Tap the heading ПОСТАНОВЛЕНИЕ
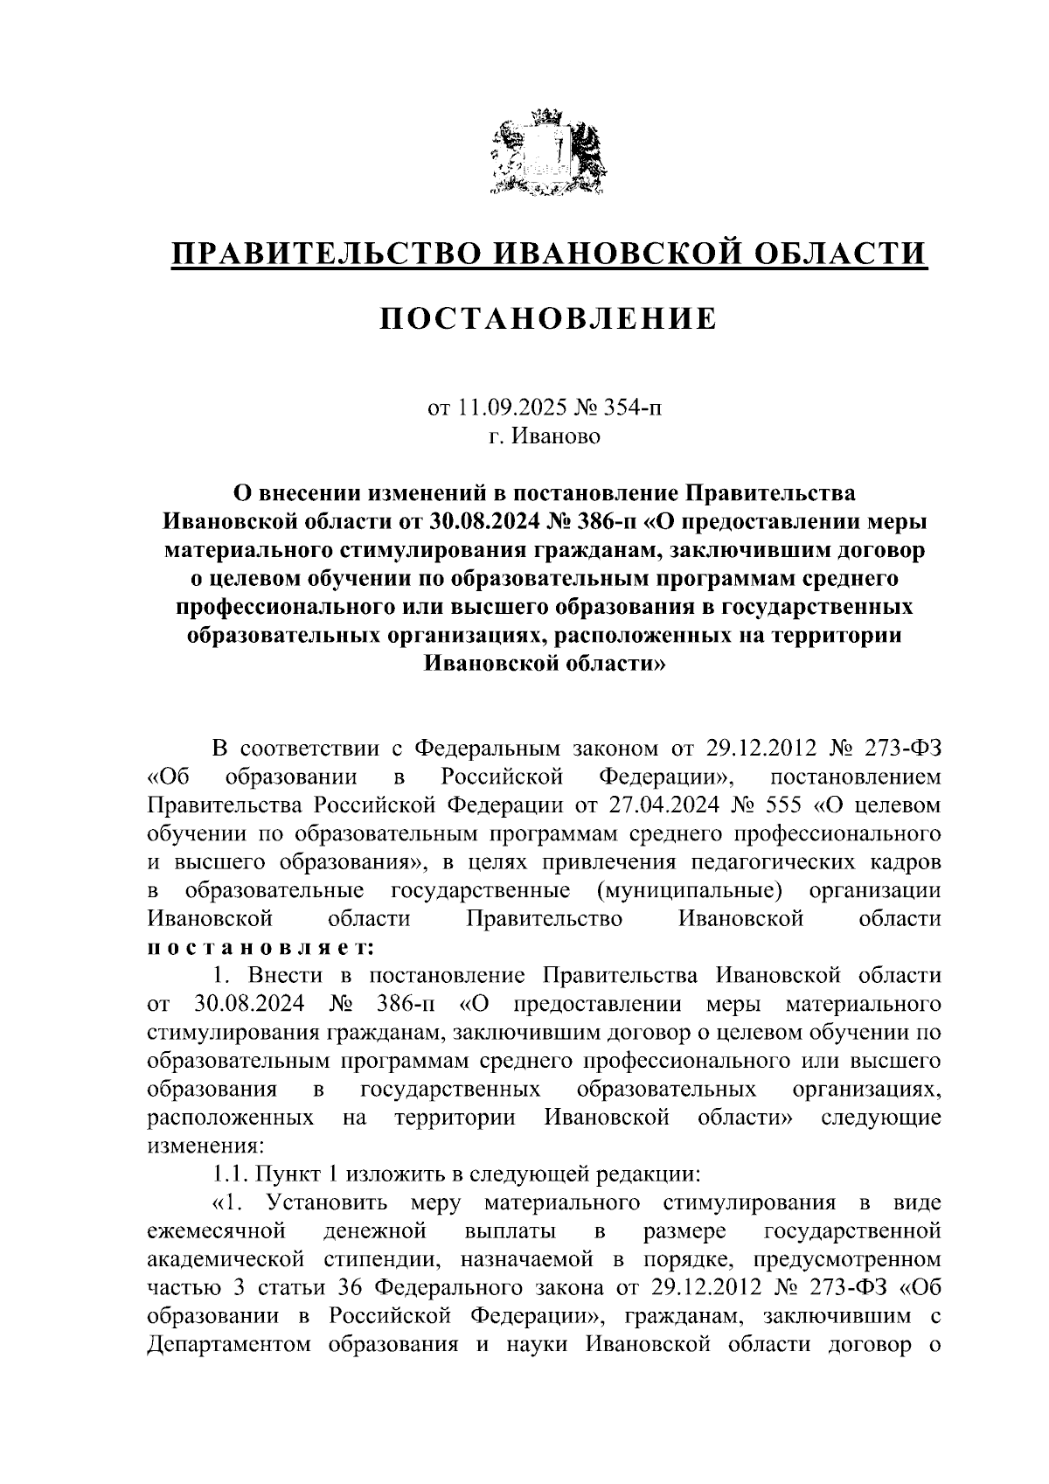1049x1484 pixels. pos(547,319)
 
